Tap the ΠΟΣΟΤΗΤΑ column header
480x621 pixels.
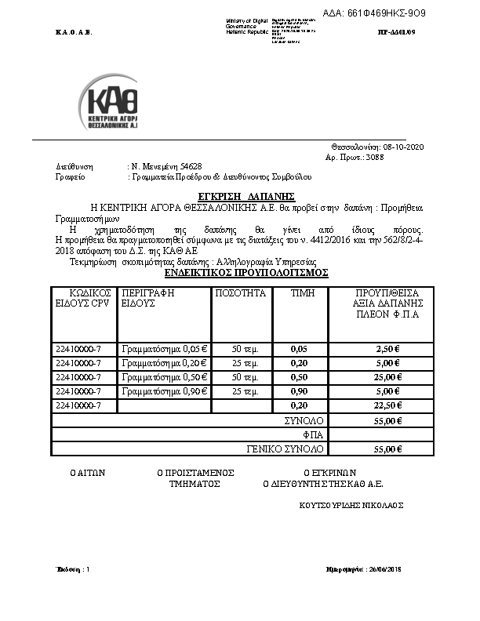[x=240, y=293]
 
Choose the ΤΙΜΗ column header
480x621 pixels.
[x=302, y=293]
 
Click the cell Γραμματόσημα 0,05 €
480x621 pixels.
[x=164, y=349]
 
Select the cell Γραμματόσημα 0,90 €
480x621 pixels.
[x=164, y=391]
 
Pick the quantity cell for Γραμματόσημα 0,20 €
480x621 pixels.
[x=241, y=363]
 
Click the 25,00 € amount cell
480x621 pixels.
[x=387, y=377]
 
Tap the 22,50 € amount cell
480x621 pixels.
[x=387, y=405]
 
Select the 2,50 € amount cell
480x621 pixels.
[x=387, y=349]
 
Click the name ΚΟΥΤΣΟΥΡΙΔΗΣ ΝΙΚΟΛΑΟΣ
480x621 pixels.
[x=351, y=505]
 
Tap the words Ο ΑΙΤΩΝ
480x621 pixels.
[x=88, y=473]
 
